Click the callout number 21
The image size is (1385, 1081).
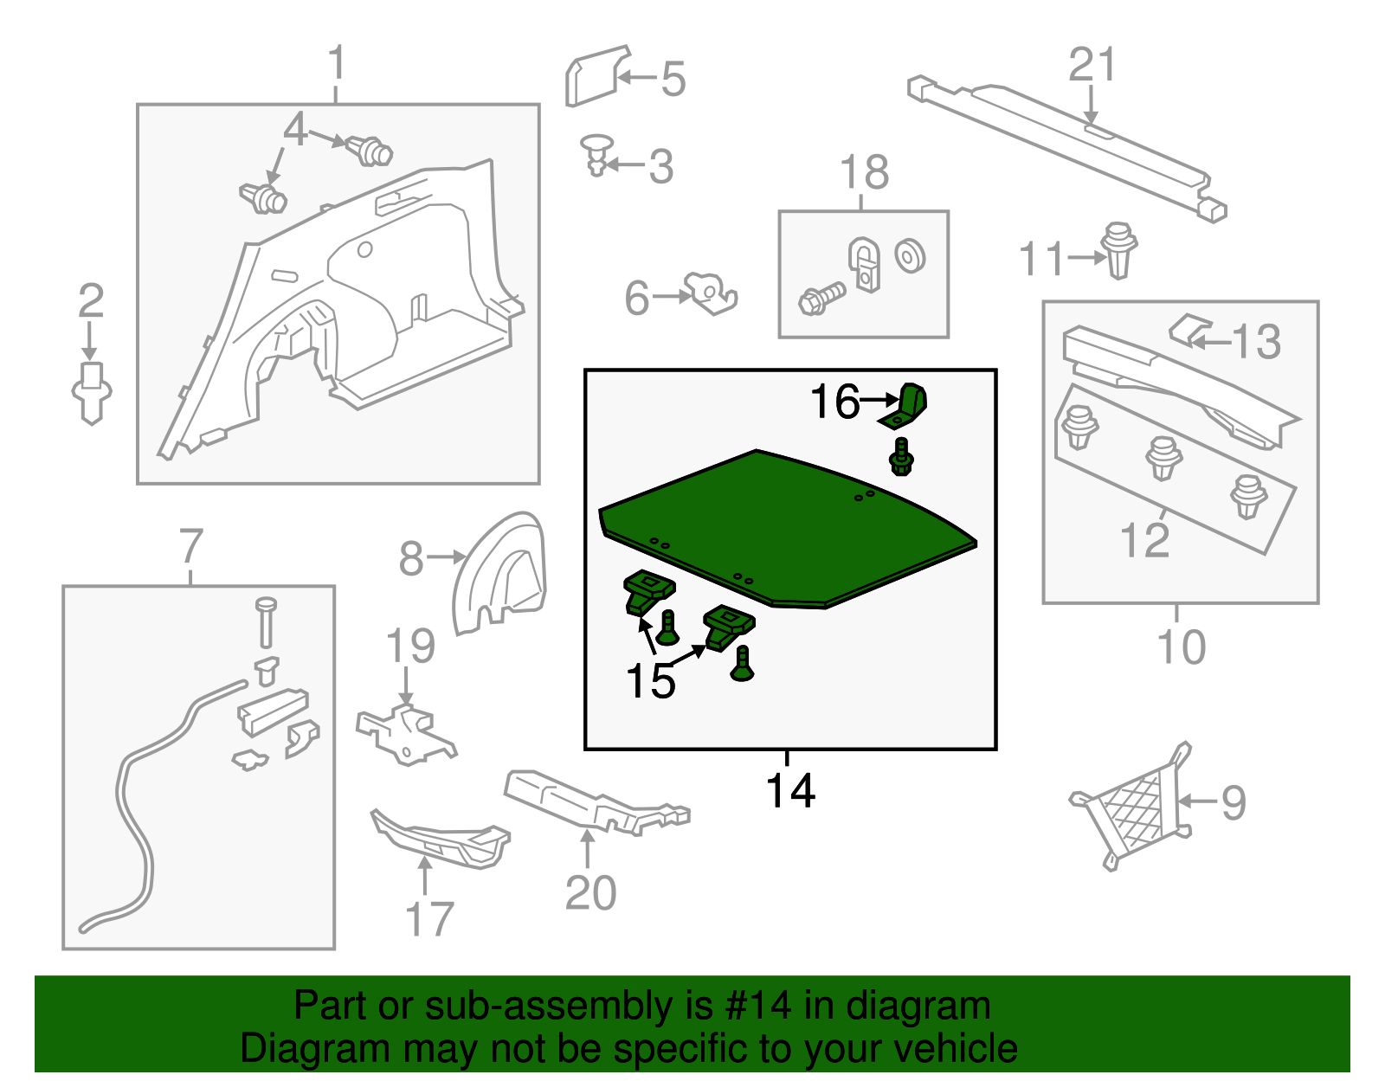1092,65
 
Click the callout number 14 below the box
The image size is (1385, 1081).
789,791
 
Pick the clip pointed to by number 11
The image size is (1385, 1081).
1119,250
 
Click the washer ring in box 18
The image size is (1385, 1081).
910,257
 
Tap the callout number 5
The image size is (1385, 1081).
673,80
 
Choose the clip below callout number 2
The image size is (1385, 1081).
91,393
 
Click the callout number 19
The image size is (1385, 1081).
409,647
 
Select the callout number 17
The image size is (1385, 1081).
428,919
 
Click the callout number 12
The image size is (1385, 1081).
1143,540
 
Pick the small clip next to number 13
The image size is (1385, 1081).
1189,330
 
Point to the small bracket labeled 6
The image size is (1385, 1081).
712,293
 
